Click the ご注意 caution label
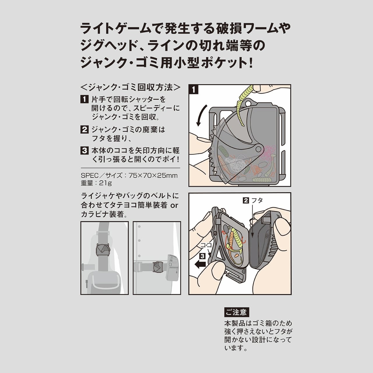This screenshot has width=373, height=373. tap(237, 312)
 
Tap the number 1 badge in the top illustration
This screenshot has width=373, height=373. tap(194, 89)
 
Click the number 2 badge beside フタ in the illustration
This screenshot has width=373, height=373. tap(246, 200)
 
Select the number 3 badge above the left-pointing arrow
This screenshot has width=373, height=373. tap(203, 256)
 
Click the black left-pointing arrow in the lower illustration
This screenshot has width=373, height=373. tap(200, 264)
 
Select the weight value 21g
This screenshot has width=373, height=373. tap(105, 183)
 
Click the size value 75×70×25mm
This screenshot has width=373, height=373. tap(153, 176)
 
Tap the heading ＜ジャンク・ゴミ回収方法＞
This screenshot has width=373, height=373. tap(130, 87)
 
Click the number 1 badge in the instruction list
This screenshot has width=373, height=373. tap(85, 99)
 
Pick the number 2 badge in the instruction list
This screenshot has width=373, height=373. tap(85, 129)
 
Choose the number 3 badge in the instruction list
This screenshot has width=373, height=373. tap(85, 151)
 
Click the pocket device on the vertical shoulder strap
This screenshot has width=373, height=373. tap(102, 249)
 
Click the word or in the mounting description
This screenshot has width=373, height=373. tap(174, 205)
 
